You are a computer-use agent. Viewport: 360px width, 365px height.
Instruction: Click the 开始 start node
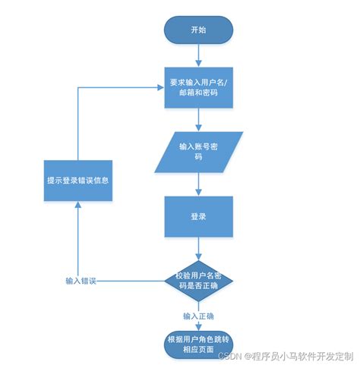click(x=199, y=30)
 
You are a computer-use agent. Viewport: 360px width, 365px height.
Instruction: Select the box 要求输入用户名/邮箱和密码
click(x=199, y=88)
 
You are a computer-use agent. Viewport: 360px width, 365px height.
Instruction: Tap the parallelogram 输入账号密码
click(x=199, y=151)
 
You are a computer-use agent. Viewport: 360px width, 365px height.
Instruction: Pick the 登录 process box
click(x=199, y=216)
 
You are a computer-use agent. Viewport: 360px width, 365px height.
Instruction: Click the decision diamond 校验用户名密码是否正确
click(x=199, y=279)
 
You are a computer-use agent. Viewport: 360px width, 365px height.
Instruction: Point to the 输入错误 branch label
click(x=81, y=280)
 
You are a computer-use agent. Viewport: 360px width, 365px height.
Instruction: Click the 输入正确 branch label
click(x=199, y=315)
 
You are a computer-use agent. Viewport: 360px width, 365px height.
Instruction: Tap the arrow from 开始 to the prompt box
click(x=199, y=54)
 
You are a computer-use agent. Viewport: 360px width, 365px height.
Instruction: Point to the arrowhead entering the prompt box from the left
click(x=162, y=88)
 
